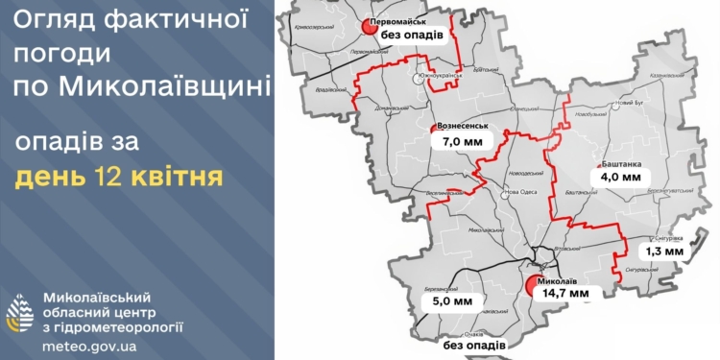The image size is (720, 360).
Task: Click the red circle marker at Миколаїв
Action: pos(533,284)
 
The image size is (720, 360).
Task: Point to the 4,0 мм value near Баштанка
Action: pos(620,177)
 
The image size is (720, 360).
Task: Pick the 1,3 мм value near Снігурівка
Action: pos(664,252)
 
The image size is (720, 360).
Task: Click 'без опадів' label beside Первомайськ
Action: pos(412,36)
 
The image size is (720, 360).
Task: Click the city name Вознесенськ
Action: pos(463,126)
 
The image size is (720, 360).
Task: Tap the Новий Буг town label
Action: pos(630,103)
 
